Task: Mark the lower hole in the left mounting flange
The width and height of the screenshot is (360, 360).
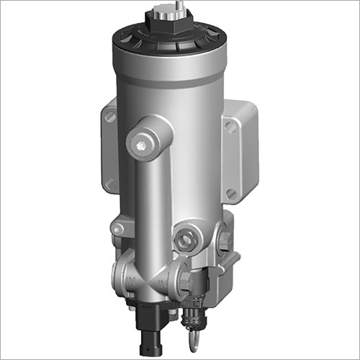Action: (x=112, y=184)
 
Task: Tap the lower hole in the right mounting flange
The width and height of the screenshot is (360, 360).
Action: (x=230, y=193)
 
